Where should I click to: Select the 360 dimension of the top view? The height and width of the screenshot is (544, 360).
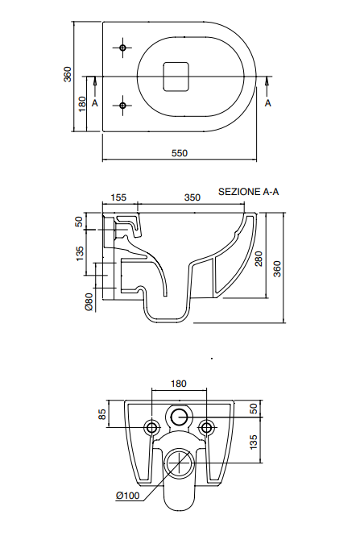[x=68, y=75]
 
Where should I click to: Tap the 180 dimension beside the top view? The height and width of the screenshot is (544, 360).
[x=81, y=105]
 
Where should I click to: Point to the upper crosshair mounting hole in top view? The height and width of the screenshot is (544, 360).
[x=122, y=48]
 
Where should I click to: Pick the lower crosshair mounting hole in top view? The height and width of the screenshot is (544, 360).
[x=122, y=105]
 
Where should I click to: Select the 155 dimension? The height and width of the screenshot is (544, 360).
[x=119, y=197]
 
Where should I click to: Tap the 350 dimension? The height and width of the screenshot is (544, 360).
[x=192, y=197]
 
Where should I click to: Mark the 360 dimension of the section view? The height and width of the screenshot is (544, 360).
[x=277, y=268]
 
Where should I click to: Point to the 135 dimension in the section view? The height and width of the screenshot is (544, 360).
[x=80, y=252]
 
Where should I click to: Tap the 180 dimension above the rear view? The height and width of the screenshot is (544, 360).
[x=179, y=384]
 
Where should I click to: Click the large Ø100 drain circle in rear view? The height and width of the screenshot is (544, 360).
[x=179, y=464]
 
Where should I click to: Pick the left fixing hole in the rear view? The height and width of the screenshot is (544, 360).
[x=151, y=427]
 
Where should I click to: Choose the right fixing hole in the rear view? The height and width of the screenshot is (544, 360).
[x=206, y=427]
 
